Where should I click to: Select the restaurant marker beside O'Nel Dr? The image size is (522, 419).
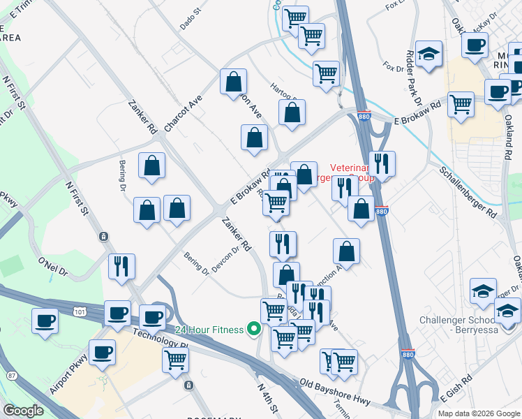(x=121, y=266)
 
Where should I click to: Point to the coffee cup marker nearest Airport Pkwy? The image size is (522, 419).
(x=103, y=351)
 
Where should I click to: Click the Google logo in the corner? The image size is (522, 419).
(x=23, y=411)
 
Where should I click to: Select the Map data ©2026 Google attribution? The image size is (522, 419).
(x=478, y=413)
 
